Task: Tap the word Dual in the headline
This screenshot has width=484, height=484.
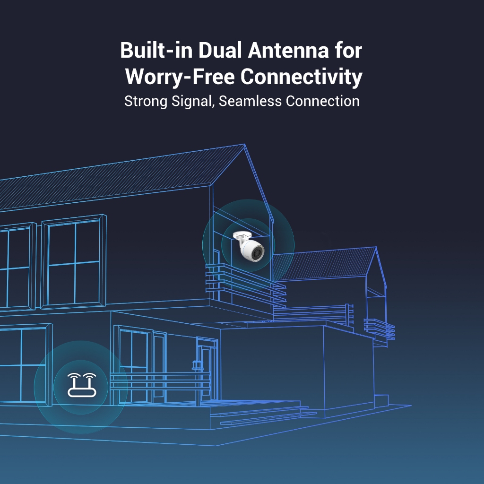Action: pos(220,50)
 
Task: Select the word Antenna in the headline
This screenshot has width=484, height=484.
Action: pos(289,50)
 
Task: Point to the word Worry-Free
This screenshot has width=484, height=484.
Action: pos(180,77)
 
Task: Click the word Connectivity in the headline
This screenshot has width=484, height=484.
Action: pos(301,77)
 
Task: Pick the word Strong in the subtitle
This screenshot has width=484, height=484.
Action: pos(146,102)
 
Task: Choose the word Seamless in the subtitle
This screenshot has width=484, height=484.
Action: pos(251,101)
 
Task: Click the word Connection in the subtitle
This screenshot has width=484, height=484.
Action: pos(322,101)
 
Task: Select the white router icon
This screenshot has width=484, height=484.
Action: pos(82,385)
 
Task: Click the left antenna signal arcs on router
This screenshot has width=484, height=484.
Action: pos(74,376)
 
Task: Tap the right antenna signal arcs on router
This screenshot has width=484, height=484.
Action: pos(90,376)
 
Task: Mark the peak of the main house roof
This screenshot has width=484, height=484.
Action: pos(245,144)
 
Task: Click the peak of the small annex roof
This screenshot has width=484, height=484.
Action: pos(376,247)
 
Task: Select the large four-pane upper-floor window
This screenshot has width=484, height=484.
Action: pos(74,261)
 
